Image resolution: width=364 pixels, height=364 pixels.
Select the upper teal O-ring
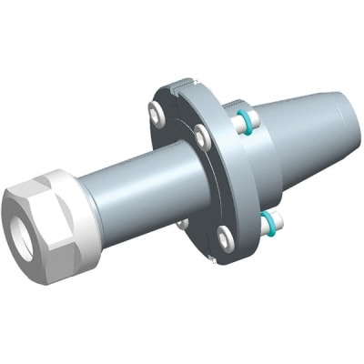pyautogui.click(x=245, y=119)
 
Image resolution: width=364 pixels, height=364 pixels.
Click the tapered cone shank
pyautogui.click(x=300, y=136)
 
